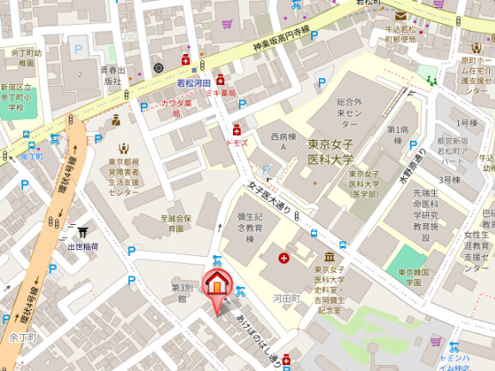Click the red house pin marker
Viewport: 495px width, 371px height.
click(x=217, y=283)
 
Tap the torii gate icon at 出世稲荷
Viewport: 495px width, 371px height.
click(x=83, y=232)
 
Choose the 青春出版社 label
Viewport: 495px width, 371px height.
click(x=113, y=76)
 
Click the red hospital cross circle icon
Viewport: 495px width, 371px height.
click(x=284, y=257)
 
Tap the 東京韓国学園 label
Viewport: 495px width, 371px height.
click(x=415, y=277)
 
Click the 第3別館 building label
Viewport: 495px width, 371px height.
click(x=181, y=293)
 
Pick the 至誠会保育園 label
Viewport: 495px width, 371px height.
click(x=176, y=224)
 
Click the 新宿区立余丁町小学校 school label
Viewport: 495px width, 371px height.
click(x=15, y=99)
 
